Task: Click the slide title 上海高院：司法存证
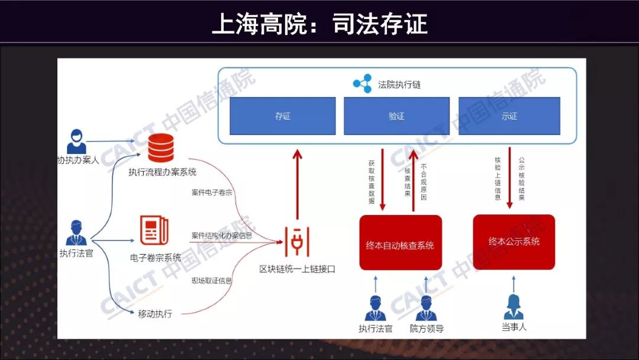coord(319,24)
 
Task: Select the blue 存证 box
coord(283,116)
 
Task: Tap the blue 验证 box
coord(396,116)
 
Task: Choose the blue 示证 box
coord(509,116)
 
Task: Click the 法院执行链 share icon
coord(362,84)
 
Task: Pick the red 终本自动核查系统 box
coord(401,243)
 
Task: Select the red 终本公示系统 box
coord(514,242)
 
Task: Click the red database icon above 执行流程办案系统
coord(161,148)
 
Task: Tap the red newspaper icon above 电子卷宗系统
coord(154,230)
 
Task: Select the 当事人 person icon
coord(514,307)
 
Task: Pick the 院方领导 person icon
coord(426,308)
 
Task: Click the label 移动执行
coord(155,314)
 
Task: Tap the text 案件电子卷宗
coord(212,192)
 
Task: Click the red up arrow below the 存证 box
coord(298,184)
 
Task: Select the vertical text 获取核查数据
coord(371,182)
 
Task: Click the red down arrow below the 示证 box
coord(509,178)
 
